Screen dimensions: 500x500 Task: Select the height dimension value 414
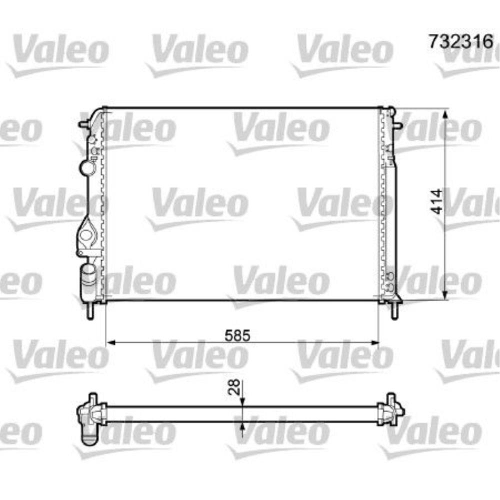pyautogui.click(x=436, y=201)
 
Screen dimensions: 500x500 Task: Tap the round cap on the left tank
pyautogui.click(x=88, y=167)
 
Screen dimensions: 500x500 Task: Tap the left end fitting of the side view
pyautogui.click(x=89, y=417)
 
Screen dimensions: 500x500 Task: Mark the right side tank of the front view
pyautogui.click(x=388, y=205)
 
